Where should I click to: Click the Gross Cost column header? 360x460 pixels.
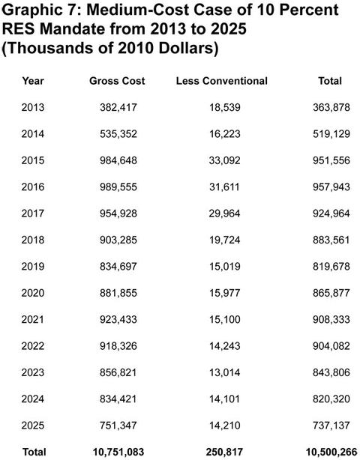click(117, 80)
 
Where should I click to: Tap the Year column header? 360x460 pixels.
click(33, 80)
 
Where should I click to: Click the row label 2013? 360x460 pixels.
click(33, 106)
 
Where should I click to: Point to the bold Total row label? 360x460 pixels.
click(34, 452)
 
